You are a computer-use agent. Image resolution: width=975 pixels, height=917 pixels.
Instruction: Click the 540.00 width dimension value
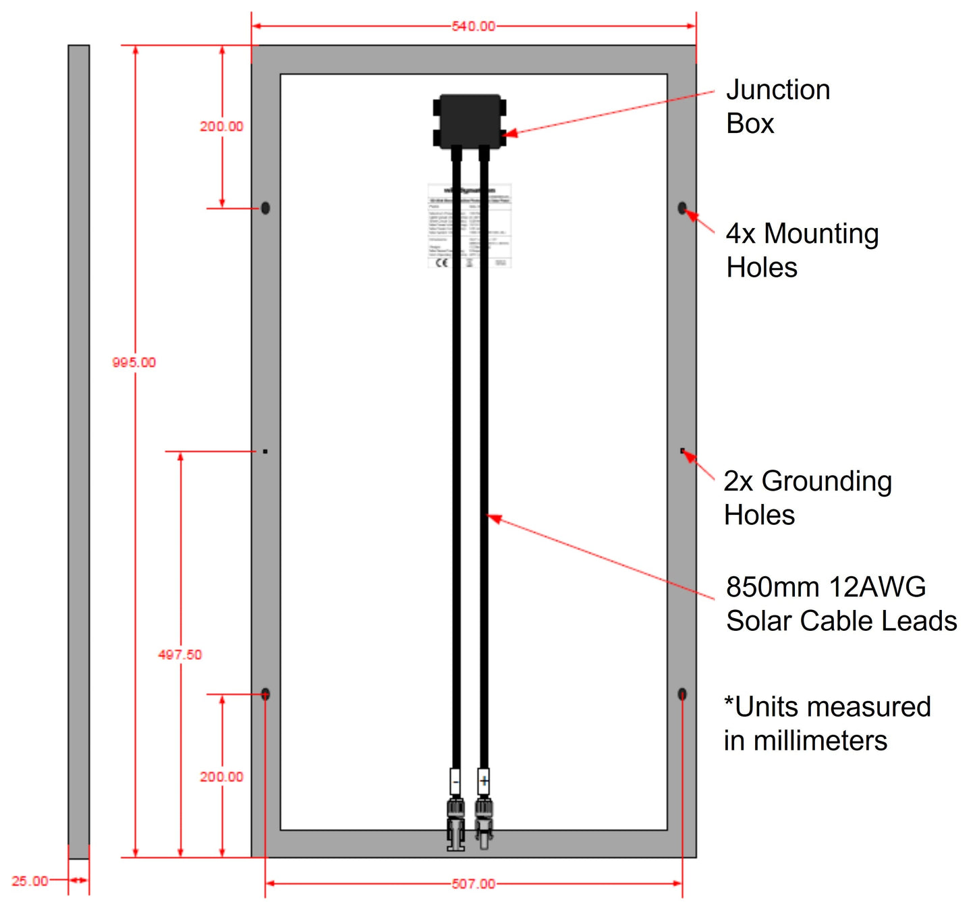click(473, 26)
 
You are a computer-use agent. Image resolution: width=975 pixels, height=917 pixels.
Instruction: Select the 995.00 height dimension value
click(134, 362)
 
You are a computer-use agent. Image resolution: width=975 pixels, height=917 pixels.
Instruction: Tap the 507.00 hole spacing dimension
click(473, 884)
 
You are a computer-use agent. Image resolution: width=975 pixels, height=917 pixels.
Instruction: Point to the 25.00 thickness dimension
click(30, 881)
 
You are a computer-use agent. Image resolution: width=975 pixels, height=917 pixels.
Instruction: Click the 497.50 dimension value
click(179, 655)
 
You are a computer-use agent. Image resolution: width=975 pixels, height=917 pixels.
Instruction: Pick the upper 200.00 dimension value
click(221, 126)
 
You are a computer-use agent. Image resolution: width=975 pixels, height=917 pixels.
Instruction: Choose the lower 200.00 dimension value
click(221, 777)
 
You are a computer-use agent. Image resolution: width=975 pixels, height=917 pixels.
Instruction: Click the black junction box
click(470, 121)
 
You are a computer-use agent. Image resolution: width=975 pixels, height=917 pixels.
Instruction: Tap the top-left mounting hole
click(265, 208)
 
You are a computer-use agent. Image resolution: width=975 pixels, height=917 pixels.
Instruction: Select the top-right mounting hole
click(682, 208)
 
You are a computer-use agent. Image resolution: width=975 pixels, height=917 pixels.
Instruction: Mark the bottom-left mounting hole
click(265, 694)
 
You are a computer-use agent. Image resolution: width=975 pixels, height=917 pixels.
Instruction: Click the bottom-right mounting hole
click(682, 694)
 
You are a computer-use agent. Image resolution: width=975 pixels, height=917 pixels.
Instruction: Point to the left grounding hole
click(265, 451)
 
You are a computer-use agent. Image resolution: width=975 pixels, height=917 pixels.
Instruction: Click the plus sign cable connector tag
click(484, 782)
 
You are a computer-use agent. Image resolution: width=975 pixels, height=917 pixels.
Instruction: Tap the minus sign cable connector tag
click(456, 782)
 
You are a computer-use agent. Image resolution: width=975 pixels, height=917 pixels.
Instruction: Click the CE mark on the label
click(441, 262)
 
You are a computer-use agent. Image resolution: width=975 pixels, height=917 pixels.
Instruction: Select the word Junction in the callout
click(778, 90)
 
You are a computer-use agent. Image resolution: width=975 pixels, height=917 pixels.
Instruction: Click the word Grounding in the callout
click(827, 482)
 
